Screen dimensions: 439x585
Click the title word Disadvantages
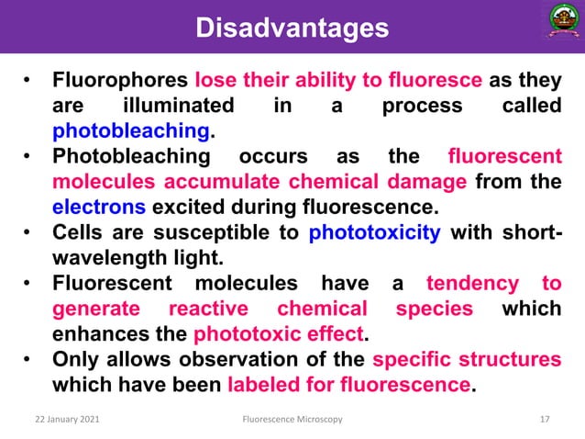(x=292, y=28)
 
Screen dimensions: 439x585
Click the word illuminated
(x=178, y=105)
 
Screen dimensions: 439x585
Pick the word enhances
(x=93, y=333)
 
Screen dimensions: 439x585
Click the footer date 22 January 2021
(x=62, y=420)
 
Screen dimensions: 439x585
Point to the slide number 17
(x=545, y=420)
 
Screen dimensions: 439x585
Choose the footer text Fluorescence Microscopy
(x=292, y=420)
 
